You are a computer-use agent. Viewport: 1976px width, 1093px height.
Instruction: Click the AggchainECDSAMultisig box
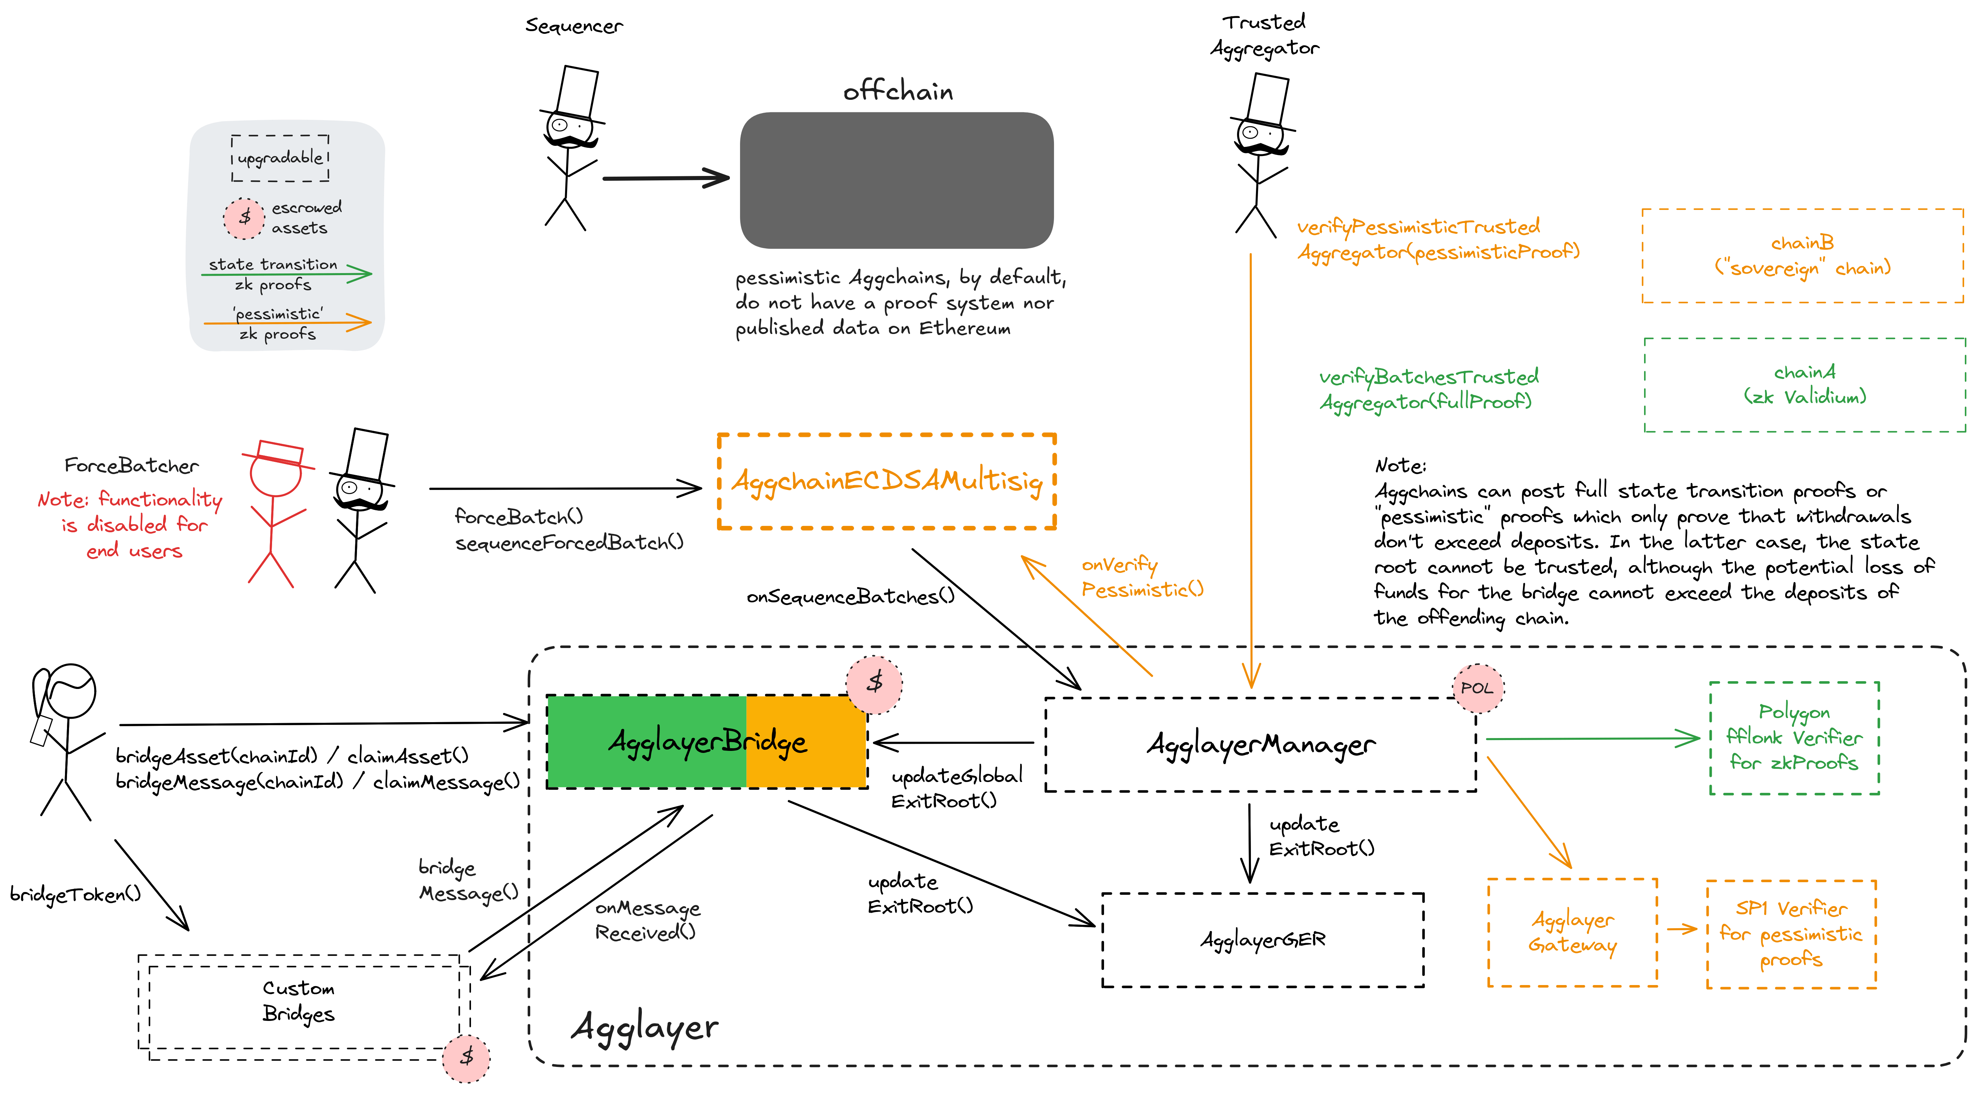tap(887, 482)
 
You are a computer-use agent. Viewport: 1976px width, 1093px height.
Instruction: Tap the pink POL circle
tap(1477, 688)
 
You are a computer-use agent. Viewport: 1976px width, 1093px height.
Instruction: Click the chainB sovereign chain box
tap(1803, 255)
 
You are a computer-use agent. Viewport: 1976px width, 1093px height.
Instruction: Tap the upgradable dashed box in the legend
tap(280, 158)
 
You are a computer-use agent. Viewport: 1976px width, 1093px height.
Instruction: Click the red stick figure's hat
tap(279, 452)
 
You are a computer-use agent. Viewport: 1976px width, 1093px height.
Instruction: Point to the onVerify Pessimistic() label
tap(1141, 577)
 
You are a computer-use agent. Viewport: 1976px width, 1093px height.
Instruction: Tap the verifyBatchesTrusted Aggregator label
tap(1428, 389)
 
